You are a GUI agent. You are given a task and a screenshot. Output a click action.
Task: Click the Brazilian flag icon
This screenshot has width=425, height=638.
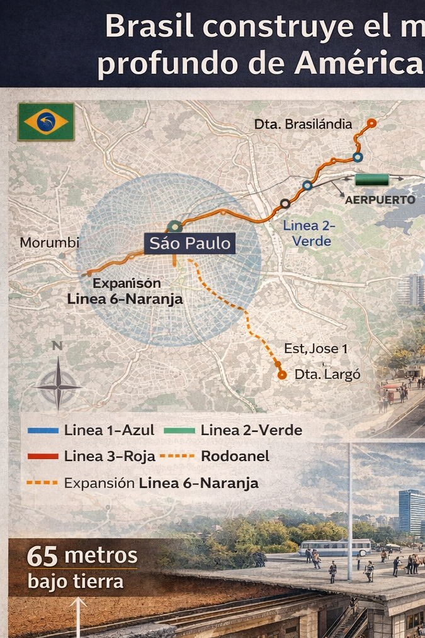[x=46, y=122]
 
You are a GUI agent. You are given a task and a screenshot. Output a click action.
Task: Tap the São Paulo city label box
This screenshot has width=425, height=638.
[x=190, y=243]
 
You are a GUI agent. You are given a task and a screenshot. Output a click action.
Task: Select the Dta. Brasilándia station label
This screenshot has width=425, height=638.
[x=303, y=124]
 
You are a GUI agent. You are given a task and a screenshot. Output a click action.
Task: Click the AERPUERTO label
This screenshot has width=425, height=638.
[x=380, y=200]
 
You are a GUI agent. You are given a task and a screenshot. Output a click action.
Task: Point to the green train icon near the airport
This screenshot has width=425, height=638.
[x=371, y=180]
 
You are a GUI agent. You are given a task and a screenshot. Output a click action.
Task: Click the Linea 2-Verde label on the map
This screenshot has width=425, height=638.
[x=309, y=233]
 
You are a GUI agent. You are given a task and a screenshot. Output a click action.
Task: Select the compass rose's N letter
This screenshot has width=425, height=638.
[x=57, y=346]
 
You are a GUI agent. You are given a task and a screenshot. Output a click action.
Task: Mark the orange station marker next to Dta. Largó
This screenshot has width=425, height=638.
[x=282, y=375]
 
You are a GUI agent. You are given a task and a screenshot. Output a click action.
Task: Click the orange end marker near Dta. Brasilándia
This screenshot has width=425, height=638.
[x=371, y=123]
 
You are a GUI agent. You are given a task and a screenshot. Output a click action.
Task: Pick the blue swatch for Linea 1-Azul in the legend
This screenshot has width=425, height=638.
[x=43, y=431]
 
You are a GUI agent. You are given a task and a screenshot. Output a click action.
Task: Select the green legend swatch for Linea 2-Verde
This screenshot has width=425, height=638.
[x=179, y=431]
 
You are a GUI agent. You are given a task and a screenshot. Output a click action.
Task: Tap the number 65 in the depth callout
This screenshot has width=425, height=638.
[x=42, y=557]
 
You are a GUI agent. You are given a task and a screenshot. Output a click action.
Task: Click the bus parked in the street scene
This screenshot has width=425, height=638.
[x=334, y=547]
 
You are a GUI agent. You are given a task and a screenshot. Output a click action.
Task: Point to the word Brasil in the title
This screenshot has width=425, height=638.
[x=144, y=27]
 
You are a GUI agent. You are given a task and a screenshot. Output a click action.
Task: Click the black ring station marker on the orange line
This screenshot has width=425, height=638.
[x=285, y=203]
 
